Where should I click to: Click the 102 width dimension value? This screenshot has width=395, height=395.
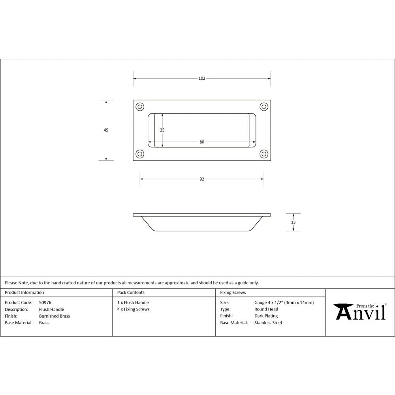coord(202,79)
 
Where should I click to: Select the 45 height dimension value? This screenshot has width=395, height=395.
coord(106,130)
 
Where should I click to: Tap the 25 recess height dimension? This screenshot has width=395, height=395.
coord(162,130)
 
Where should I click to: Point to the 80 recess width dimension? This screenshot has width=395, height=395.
coord(202,142)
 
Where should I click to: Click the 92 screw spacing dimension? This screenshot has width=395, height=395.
coord(202,179)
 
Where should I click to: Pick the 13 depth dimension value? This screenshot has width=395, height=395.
coord(293,222)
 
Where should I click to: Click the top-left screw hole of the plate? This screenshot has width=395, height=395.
coord(140,107)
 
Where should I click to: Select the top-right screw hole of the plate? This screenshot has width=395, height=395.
coord(264,107)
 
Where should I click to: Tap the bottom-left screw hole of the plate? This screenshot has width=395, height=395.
coord(140,154)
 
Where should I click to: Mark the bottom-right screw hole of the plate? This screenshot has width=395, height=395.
coord(264,154)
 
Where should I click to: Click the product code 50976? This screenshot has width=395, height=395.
coord(45,303)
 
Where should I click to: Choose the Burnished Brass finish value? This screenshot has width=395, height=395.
coord(55,316)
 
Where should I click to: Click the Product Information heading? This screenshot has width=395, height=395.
coord(24,293)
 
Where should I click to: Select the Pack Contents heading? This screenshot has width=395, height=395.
coord(131,293)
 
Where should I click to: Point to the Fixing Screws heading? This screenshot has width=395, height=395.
coord(233,293)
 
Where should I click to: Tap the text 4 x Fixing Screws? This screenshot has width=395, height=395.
coord(134,309)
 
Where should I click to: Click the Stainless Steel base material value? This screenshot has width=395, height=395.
coord(268,323)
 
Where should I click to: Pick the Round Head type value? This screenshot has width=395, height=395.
coord(266,309)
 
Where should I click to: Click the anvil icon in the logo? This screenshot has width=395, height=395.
coord(343,310)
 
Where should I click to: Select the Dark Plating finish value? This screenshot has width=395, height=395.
coord(266,316)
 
